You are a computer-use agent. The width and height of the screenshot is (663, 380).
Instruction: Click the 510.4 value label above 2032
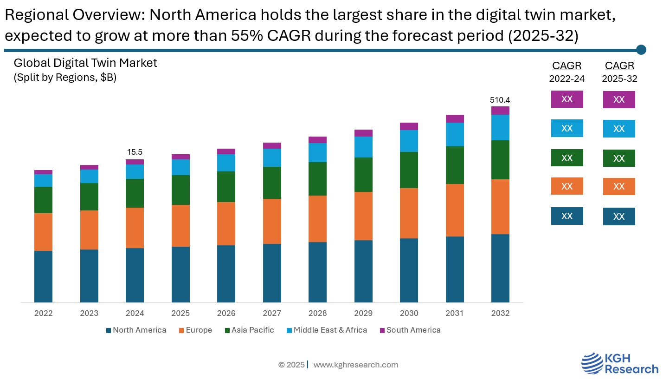click(x=500, y=100)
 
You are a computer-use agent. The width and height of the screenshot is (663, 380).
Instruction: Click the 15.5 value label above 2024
click(x=135, y=152)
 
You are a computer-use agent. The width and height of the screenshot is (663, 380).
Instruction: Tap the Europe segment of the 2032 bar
click(x=500, y=207)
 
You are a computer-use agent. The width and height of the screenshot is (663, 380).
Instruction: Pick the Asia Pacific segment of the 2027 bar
click(x=272, y=183)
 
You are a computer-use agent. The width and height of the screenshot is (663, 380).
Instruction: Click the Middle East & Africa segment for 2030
click(x=409, y=141)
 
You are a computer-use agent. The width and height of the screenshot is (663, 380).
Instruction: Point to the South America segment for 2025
click(x=180, y=157)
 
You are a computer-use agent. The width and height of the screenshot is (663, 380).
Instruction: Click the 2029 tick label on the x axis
click(x=363, y=314)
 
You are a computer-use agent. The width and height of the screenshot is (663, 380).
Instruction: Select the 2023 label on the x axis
click(x=89, y=314)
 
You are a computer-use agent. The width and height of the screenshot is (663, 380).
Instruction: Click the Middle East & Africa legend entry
click(x=327, y=330)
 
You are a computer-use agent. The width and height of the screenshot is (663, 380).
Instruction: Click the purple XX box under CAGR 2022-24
click(x=566, y=99)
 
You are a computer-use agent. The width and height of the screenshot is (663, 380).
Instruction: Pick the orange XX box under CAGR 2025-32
click(x=618, y=186)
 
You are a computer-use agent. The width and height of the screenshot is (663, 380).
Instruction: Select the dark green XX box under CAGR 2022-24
click(x=566, y=158)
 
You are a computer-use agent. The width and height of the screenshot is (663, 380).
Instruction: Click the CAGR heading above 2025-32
click(x=619, y=66)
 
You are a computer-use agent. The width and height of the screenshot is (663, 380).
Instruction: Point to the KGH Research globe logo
click(x=591, y=363)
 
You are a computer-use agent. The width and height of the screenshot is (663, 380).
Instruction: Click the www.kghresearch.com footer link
click(x=355, y=365)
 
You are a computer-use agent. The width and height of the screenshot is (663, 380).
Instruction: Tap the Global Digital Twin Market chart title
click(x=85, y=63)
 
